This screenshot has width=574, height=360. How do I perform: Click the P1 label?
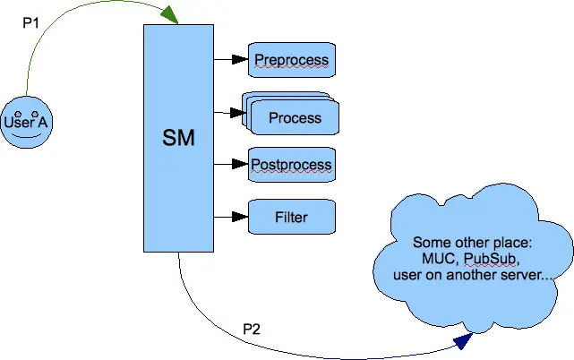(30, 23)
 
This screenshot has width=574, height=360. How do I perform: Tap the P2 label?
(252, 329)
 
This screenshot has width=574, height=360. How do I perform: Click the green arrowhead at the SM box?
(169, 14)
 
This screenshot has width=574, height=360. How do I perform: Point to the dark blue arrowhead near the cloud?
(463, 341)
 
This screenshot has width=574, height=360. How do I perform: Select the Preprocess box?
(292, 60)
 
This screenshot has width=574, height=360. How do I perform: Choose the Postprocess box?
(292, 165)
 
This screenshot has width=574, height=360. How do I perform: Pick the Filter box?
(292, 217)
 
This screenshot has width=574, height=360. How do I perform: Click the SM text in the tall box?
(178, 138)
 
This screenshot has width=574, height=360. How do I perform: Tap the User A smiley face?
(26, 123)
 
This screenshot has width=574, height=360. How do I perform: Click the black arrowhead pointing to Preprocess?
(240, 59)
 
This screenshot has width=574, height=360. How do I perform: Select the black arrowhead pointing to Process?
(238, 113)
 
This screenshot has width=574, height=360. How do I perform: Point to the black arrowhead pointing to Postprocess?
(240, 164)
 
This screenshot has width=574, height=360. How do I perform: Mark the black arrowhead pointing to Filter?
(240, 217)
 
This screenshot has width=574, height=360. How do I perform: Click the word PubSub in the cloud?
(490, 259)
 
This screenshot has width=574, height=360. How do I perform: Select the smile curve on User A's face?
(26, 135)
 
